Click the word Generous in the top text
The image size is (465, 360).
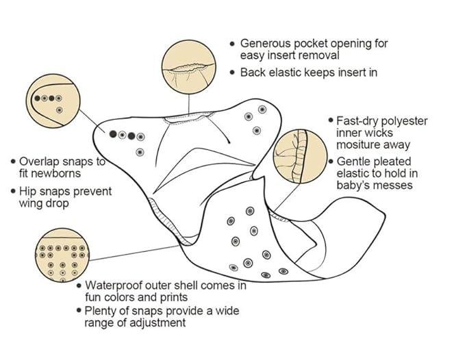[x=266, y=44]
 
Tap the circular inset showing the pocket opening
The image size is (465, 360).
[x=189, y=67]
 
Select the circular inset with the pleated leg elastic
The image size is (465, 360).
[x=300, y=156]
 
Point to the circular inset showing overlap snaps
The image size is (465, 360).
[x=53, y=101]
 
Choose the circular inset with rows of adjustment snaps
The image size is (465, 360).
[x=62, y=255]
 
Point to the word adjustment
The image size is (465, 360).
[x=158, y=322]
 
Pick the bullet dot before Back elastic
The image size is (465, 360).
[x=233, y=73]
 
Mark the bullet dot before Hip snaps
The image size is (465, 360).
[x=13, y=191]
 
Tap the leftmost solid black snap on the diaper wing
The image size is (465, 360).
[x=113, y=134]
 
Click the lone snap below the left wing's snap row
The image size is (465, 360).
[x=140, y=153]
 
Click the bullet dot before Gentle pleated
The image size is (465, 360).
[x=331, y=162]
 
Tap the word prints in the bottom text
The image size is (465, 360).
[x=174, y=298]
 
